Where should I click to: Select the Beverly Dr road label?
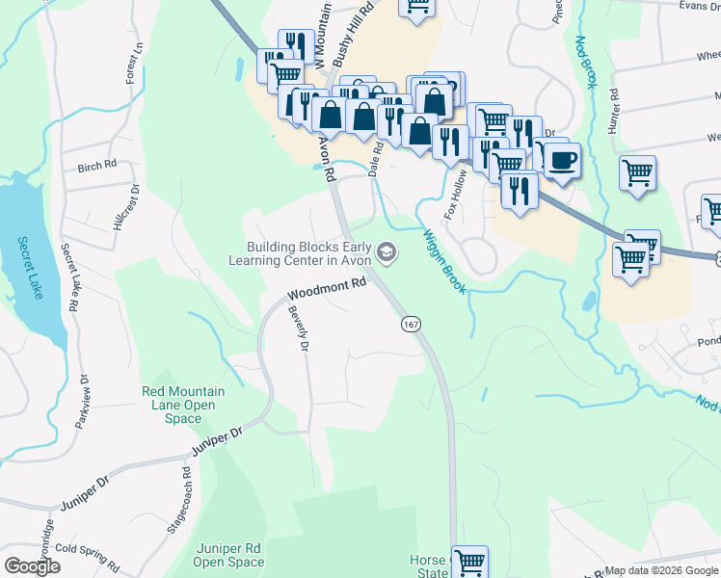pyautogui.click(x=298, y=328)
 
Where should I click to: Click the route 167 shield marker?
pyautogui.click(x=412, y=325)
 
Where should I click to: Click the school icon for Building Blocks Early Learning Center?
pyautogui.click(x=387, y=253)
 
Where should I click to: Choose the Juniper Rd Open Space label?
pyautogui.click(x=227, y=555)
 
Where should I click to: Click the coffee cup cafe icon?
pyautogui.click(x=563, y=159)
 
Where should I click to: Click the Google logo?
pyautogui.click(x=33, y=566)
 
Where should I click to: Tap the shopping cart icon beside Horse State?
pyautogui.click(x=468, y=560)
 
